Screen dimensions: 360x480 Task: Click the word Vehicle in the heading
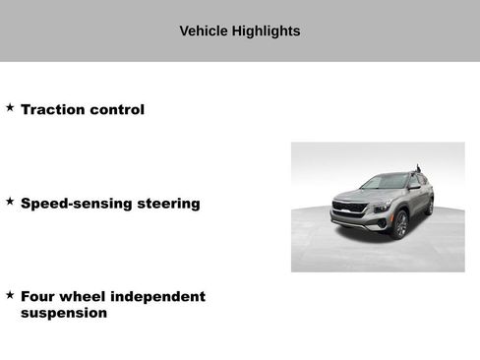click(x=203, y=30)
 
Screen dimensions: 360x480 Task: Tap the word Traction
click(x=53, y=109)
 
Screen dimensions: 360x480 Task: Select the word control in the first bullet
click(x=117, y=109)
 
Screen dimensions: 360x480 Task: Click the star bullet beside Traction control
click(x=10, y=107)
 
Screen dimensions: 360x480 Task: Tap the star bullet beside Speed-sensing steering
click(x=10, y=201)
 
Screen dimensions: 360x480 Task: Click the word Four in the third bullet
click(x=37, y=296)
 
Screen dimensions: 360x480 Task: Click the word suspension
click(x=64, y=313)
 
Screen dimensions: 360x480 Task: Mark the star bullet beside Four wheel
click(x=10, y=294)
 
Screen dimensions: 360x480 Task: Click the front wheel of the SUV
click(x=400, y=225)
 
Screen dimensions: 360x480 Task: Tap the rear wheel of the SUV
click(x=429, y=205)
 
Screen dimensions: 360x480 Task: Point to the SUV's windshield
click(x=384, y=182)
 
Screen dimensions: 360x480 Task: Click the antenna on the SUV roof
click(x=416, y=168)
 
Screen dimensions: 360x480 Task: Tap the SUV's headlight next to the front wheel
click(x=381, y=207)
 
